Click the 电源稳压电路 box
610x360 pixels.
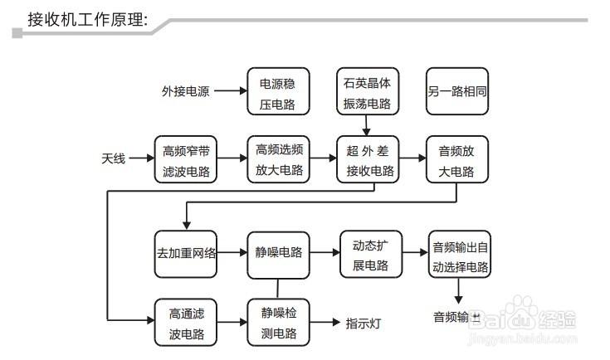(x=278, y=92)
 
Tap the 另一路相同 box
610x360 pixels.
(x=457, y=92)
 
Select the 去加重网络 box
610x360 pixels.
(x=186, y=253)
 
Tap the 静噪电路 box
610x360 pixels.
(x=278, y=253)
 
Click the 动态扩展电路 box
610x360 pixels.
(x=370, y=253)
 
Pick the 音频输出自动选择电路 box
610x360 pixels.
(x=460, y=255)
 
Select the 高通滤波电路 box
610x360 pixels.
(x=186, y=322)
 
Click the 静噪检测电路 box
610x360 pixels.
(x=278, y=322)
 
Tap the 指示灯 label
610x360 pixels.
(x=363, y=323)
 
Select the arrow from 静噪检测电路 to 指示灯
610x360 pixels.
(x=325, y=322)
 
